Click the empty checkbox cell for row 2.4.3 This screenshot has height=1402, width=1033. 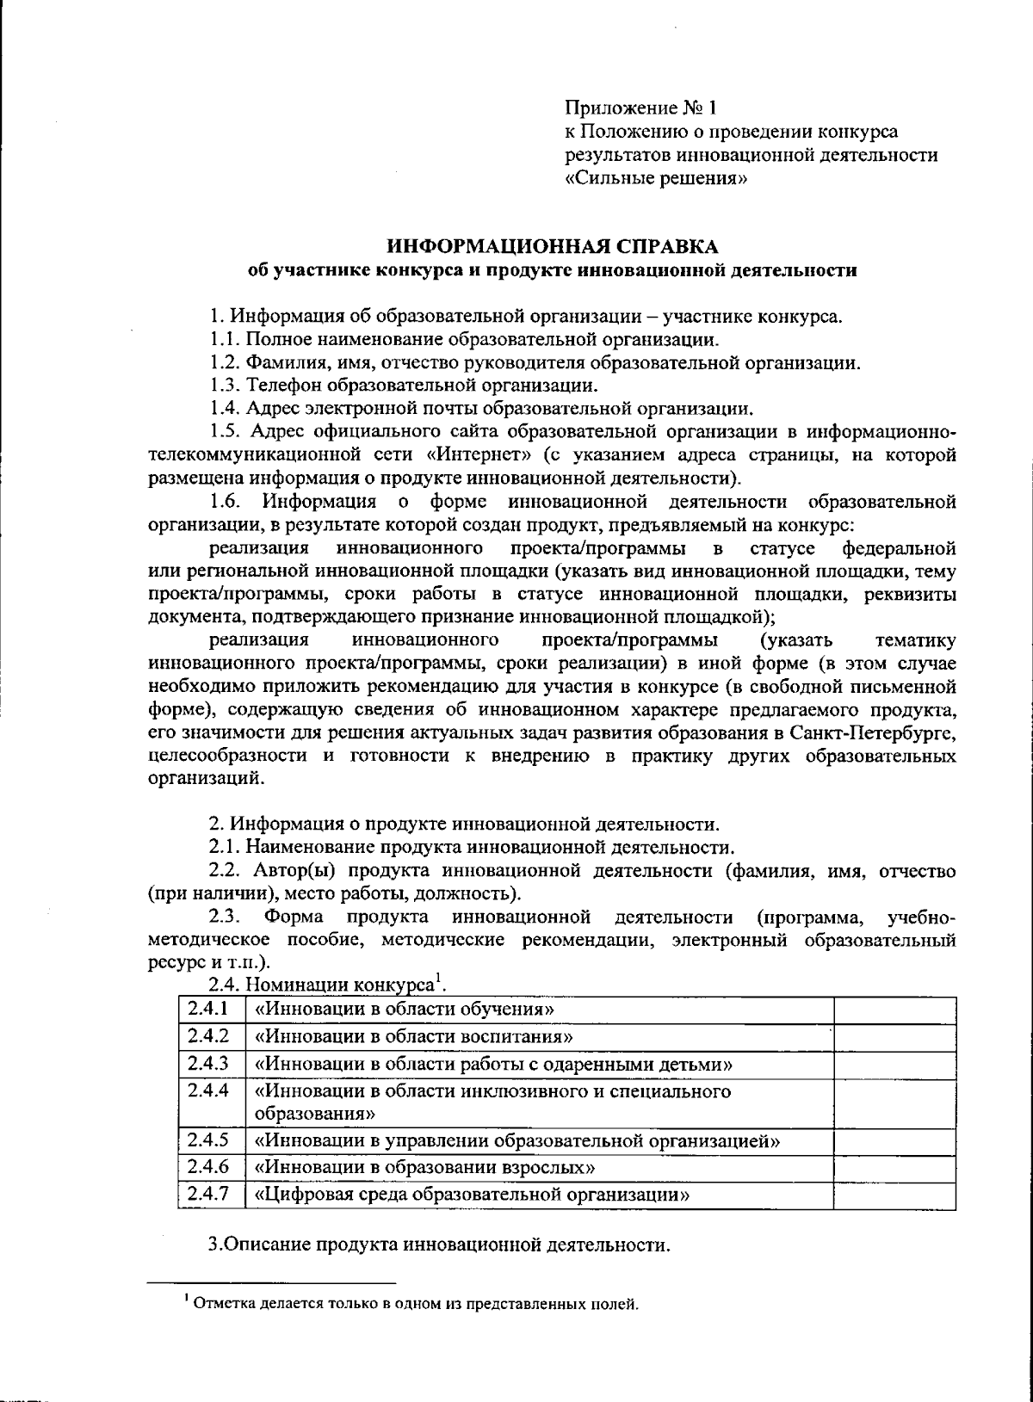click(x=894, y=1065)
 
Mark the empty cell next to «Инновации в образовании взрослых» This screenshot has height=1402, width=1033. click(x=894, y=1168)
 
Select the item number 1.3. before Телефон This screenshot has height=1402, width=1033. click(x=226, y=385)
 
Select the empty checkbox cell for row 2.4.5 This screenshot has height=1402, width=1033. click(x=894, y=1141)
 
